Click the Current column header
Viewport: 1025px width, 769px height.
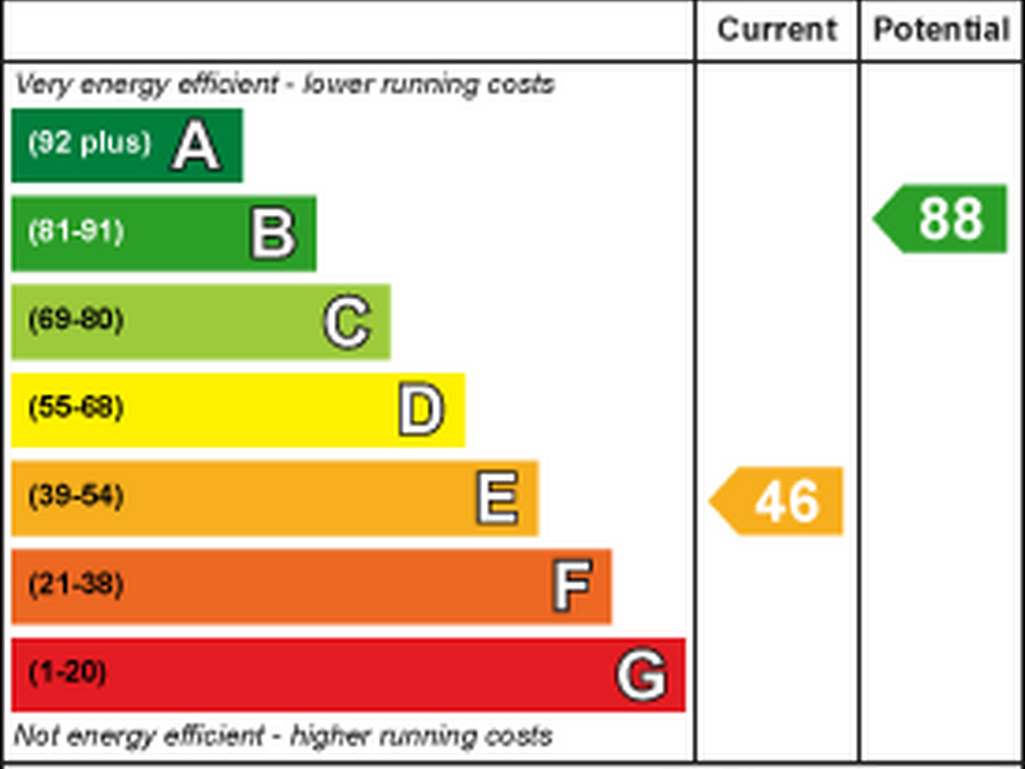coord(777,30)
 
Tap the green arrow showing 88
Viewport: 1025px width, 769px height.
coord(943,219)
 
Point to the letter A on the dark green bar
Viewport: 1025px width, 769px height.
coord(196,146)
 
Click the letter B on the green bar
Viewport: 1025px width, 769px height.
coord(273,234)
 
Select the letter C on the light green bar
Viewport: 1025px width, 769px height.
coord(347,322)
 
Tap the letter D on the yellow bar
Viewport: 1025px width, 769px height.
coord(421,410)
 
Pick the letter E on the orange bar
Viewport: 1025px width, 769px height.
coord(498,498)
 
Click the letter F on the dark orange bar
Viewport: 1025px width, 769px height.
coord(572,586)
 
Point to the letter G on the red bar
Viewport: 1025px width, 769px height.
coord(641,675)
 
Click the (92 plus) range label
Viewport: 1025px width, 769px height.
coord(90,142)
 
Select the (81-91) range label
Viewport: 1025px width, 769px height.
coord(76,231)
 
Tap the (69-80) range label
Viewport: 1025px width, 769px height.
coord(76,320)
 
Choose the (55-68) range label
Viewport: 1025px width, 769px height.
coord(76,408)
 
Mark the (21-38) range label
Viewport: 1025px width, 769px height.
coord(76,584)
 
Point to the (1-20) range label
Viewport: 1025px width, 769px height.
coord(67,673)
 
